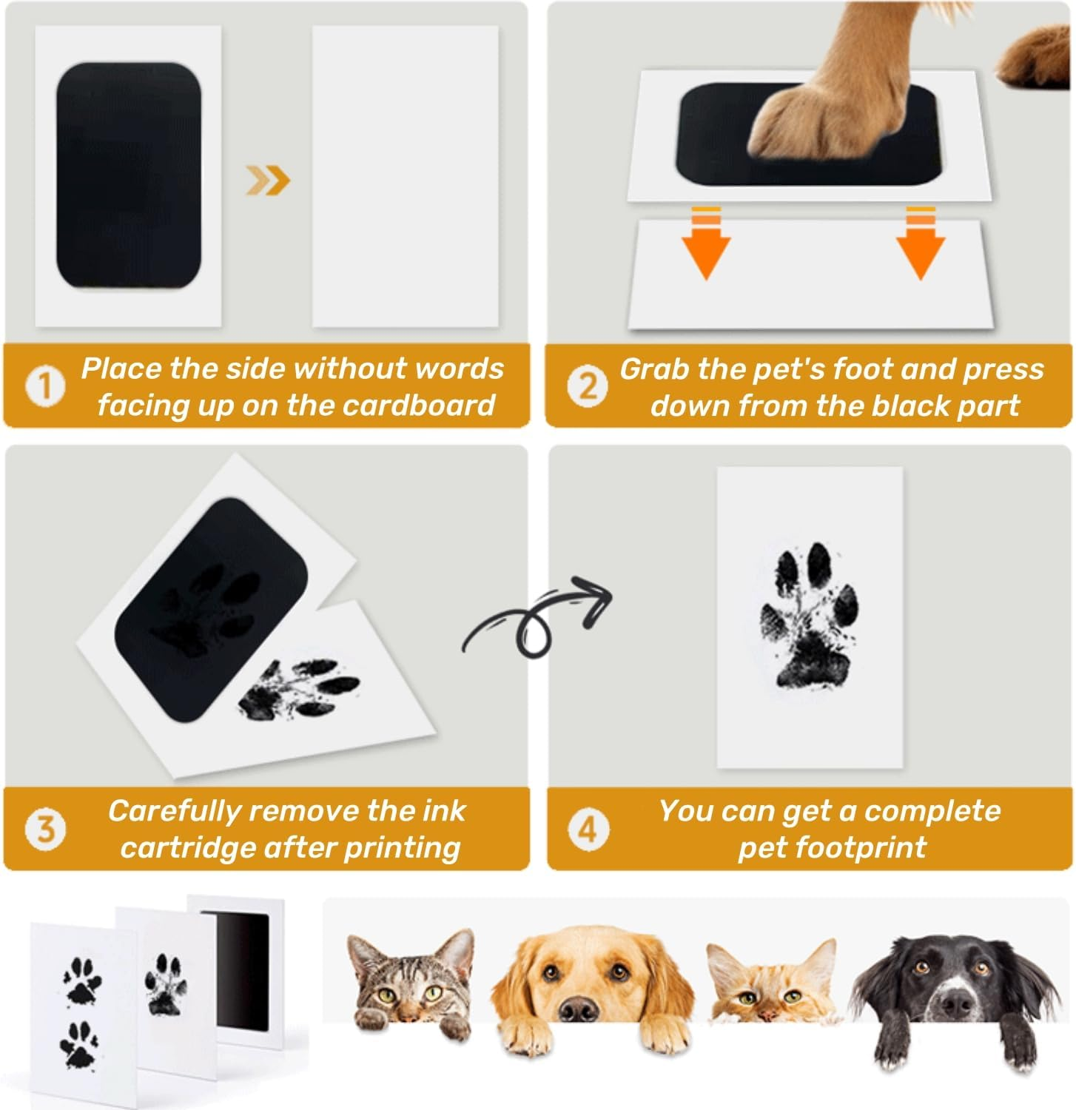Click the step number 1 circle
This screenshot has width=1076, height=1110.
point(45,386)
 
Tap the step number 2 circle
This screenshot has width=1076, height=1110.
point(587,386)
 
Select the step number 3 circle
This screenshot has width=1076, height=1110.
point(45,829)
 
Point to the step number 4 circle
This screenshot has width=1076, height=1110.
point(588,829)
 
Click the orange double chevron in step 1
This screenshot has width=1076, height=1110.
point(268,180)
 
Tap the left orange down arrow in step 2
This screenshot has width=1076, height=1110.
point(706,243)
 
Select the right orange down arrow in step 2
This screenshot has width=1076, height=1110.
point(920,243)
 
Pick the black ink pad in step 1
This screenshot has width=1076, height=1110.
point(129,175)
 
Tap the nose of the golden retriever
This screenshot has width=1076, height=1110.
point(578,1007)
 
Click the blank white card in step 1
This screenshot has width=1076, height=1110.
point(405,177)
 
